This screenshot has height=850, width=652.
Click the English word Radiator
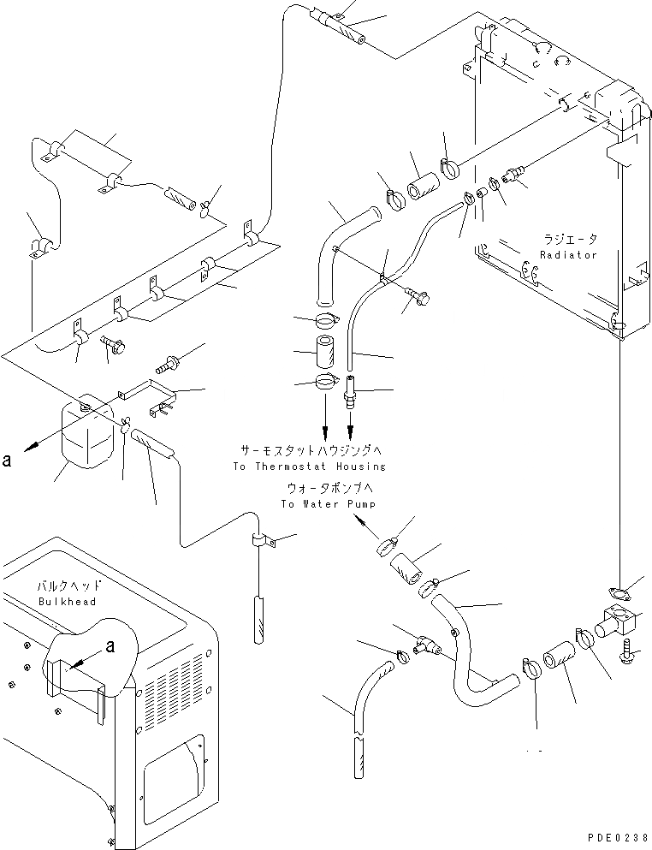pos(568,255)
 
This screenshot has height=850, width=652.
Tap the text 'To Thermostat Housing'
pos(309,467)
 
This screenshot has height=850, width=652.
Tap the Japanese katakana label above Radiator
pos(568,239)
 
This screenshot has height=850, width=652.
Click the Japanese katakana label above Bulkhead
pos(68,586)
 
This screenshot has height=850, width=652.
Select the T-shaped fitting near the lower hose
pos(425,646)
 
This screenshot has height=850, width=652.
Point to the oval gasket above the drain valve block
pos(618,591)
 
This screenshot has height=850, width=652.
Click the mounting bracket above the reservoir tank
pos(151,398)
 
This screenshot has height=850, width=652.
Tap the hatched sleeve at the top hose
pos(344,27)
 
